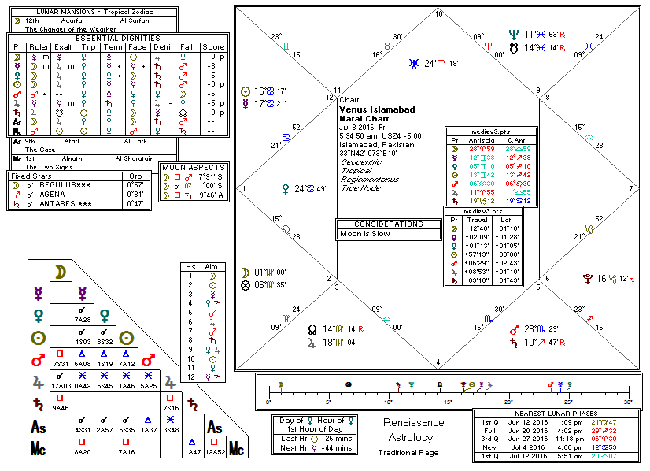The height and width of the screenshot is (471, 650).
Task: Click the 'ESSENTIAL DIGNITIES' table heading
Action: tap(118, 38)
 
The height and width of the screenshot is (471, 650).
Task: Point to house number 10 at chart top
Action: tap(438, 14)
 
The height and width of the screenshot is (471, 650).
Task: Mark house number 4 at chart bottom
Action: tap(438, 363)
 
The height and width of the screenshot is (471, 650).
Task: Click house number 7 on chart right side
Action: tap(631, 189)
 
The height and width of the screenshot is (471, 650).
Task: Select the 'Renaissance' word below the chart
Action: tap(408, 422)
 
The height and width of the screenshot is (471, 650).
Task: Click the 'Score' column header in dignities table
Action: tap(213, 46)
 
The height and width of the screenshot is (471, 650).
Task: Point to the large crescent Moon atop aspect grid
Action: tap(59, 272)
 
